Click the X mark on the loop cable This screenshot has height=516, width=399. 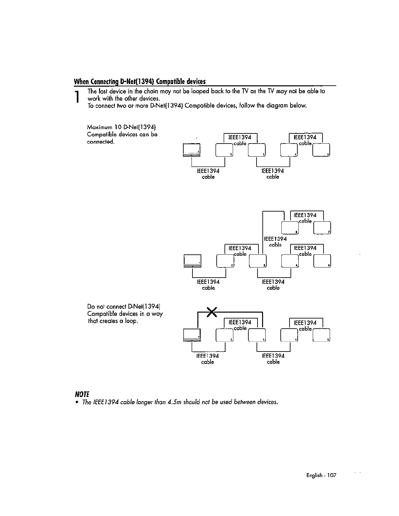[x=212, y=312]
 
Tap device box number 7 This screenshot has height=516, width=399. [x=323, y=228]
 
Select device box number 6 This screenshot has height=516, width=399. [x=290, y=228]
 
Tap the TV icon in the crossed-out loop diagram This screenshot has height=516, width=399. [x=192, y=335]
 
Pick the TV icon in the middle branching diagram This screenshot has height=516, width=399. [x=192, y=261]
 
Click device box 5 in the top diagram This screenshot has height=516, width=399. [x=321, y=150]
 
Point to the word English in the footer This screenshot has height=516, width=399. [x=314, y=475]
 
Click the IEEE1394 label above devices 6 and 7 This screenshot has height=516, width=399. [x=305, y=215]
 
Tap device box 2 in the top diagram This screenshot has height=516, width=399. [x=224, y=150]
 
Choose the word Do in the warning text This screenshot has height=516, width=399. [x=91, y=306]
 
